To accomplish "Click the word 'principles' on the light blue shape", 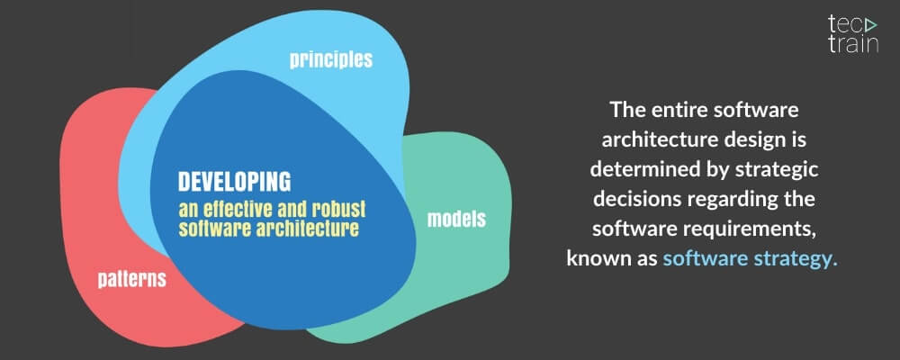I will tap(330, 60).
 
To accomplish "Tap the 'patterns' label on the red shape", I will tap(131, 279).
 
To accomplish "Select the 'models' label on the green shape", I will tap(456, 219).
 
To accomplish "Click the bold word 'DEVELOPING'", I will tap(234, 181).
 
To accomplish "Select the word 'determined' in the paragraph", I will tap(636, 171).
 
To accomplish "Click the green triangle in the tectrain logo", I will tap(866, 24).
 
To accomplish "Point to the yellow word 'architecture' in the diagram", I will tap(310, 229).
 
